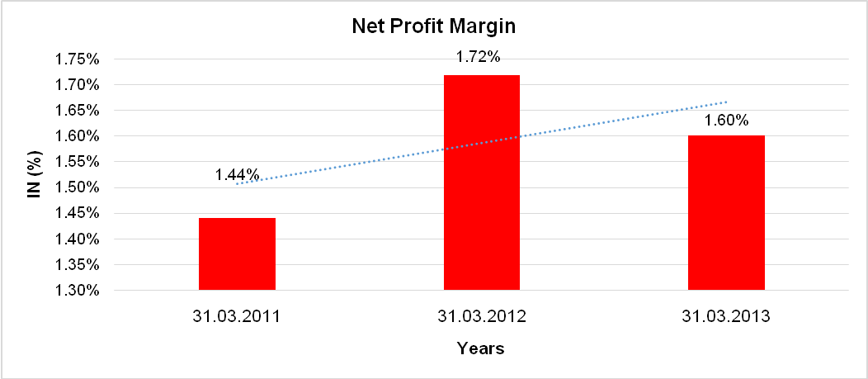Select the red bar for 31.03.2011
237,253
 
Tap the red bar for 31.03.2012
482,182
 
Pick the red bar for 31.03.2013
726,212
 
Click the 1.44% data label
238,175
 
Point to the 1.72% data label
478,58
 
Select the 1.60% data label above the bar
726,121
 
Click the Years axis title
481,348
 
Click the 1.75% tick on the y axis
76,59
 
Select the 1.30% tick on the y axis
76,291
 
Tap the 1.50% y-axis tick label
76,187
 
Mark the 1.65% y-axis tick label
76,111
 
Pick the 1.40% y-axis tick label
76,239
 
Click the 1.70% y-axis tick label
76,85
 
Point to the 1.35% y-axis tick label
76,265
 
